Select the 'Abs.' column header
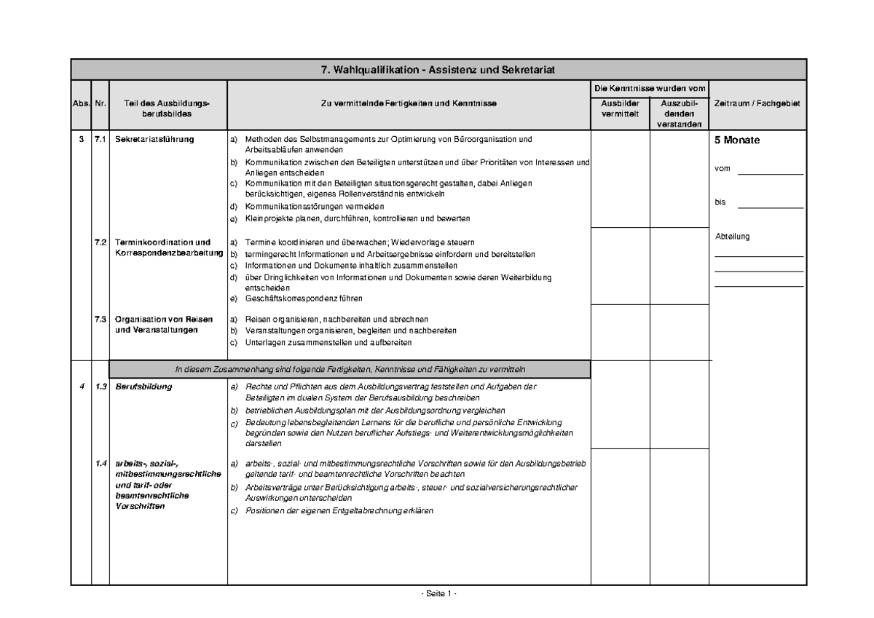(x=80, y=104)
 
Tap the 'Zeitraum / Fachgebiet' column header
(x=757, y=104)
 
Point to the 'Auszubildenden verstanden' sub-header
(x=679, y=114)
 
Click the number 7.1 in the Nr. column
(x=100, y=140)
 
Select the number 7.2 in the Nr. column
(x=100, y=242)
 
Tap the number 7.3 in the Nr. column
(x=100, y=320)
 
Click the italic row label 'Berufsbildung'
(x=143, y=387)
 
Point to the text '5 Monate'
(x=736, y=140)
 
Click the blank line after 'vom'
(x=770, y=173)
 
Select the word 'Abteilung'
(x=732, y=236)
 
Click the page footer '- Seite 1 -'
(x=438, y=594)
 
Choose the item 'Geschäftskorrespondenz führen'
(x=304, y=298)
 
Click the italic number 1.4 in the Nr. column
(x=100, y=464)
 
